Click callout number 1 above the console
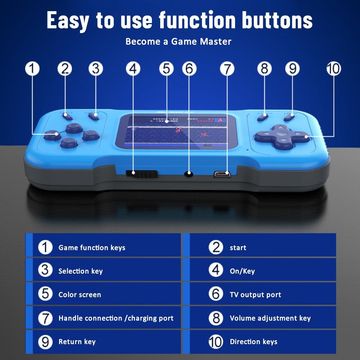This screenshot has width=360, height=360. [x=32, y=68]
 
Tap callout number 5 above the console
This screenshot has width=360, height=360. [x=166, y=68]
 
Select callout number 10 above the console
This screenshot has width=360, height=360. [x=333, y=68]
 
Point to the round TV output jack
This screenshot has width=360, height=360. [x=189, y=174]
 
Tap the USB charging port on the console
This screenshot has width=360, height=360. [x=221, y=174]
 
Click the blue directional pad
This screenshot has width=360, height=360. [x=282, y=137]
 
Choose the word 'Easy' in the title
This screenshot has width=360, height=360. [x=67, y=21]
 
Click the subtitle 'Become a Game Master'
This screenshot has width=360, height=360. [x=178, y=41]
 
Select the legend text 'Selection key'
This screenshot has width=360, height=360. [x=80, y=271]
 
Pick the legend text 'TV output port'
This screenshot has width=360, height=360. [x=255, y=294]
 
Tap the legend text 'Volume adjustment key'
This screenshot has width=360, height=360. [x=270, y=318]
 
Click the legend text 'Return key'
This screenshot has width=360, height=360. [x=77, y=342]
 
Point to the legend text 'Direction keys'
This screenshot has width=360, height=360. [x=253, y=342]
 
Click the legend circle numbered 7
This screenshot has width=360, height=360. [x=45, y=318]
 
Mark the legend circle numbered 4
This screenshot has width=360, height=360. [x=216, y=271]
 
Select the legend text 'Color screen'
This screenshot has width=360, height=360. [x=80, y=294]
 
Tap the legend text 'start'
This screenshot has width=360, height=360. [x=238, y=248]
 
